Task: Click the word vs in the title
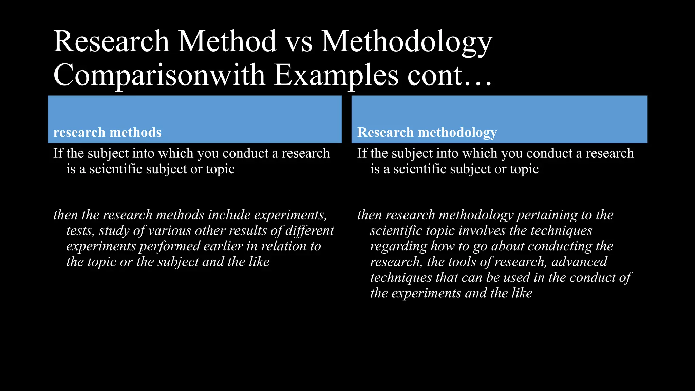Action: click(299, 42)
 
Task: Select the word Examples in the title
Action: click(336, 75)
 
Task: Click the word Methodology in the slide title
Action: click(407, 42)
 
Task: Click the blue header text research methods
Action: click(107, 132)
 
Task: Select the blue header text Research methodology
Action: click(427, 132)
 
